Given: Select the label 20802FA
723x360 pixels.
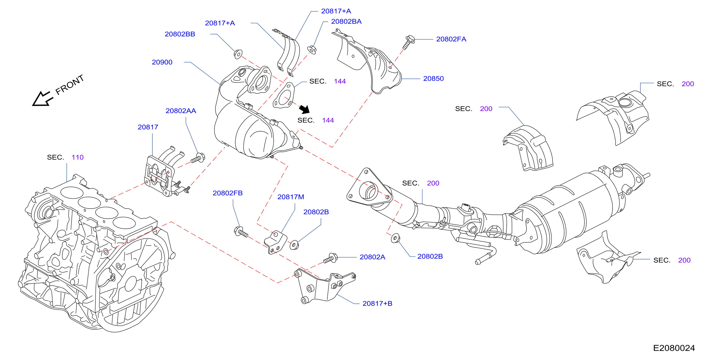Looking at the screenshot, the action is point(451,39).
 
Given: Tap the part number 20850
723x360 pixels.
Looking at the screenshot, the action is point(433,79).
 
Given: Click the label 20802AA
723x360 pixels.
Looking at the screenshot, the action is point(181,111).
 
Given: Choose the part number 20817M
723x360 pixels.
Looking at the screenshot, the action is point(290,197).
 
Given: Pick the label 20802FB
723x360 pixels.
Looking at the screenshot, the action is point(228,193).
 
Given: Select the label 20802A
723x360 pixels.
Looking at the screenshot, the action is point(372,257).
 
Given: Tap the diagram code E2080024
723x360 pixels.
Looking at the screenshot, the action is point(674,348).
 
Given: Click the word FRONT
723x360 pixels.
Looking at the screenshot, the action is point(70,85).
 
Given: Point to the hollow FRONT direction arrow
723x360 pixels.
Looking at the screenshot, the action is point(42,99).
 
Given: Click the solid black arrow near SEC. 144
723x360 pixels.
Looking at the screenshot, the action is point(304,109).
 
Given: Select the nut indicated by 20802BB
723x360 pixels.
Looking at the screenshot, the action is point(238,54).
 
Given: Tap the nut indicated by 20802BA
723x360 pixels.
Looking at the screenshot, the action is point(312,50).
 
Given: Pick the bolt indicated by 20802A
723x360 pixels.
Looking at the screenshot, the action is point(331,258).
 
